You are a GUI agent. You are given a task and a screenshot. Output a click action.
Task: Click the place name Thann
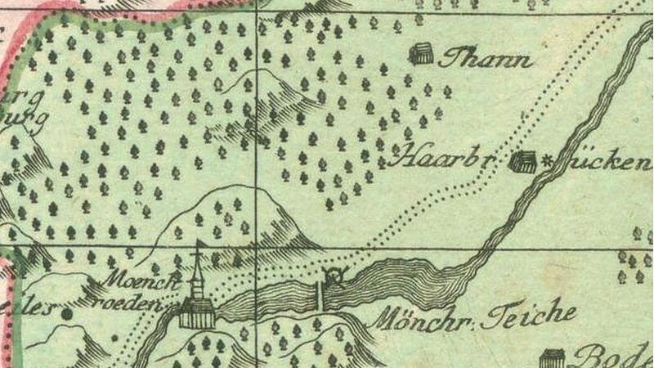click(486, 60)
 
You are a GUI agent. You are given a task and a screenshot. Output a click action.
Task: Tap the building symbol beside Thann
click(422, 55)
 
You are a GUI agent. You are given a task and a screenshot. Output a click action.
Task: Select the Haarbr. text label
click(438, 156)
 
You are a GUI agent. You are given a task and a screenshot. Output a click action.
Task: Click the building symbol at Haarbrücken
click(522, 162)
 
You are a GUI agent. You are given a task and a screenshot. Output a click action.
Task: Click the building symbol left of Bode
click(553, 358)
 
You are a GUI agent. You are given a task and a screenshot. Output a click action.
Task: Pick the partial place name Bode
click(613, 357)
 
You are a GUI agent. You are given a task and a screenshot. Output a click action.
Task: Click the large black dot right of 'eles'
click(67, 312)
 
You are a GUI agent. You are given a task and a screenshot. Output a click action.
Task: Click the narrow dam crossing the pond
click(319, 295)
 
